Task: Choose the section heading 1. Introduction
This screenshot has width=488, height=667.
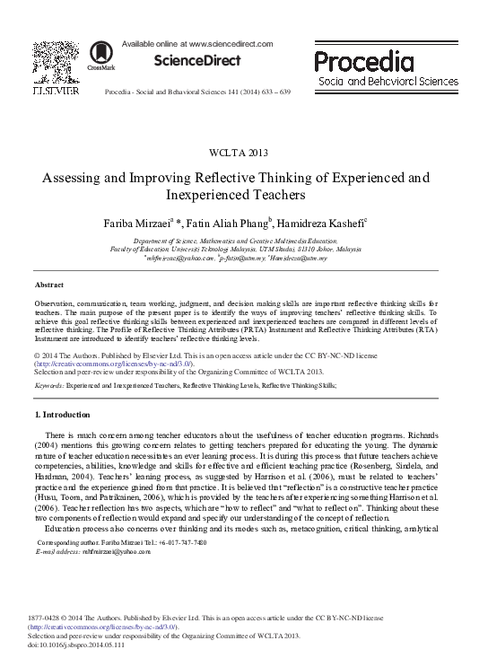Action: coord(62,415)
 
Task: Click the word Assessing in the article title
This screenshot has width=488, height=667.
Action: coord(74,177)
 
